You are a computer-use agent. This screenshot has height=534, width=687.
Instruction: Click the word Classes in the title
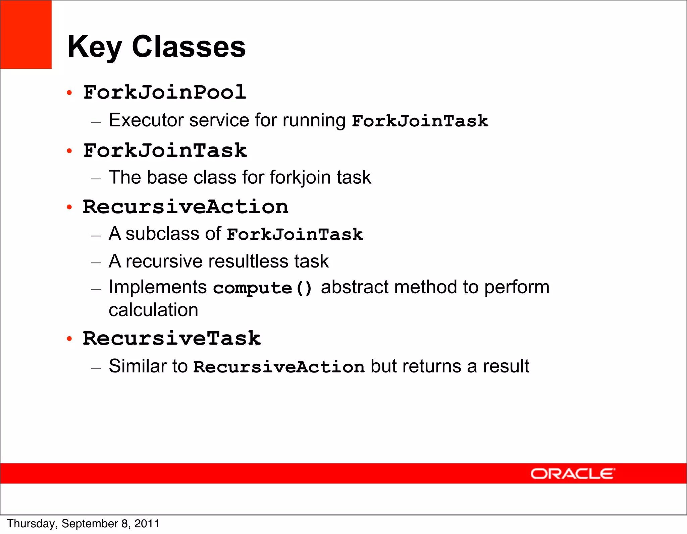(x=189, y=47)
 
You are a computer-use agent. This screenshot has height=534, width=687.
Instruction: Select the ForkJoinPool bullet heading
(x=165, y=93)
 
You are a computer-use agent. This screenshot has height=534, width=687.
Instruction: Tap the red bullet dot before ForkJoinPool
(x=69, y=93)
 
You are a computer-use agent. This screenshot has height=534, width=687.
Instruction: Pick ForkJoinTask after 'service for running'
(x=420, y=121)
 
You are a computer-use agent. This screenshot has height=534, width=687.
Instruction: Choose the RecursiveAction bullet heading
(x=186, y=207)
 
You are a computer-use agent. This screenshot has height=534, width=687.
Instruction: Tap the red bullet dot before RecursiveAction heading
(x=69, y=207)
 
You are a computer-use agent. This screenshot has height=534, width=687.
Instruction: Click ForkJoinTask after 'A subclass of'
(x=295, y=234)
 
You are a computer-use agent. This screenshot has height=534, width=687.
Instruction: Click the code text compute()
(x=263, y=288)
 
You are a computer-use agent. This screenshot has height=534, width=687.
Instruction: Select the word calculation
(x=153, y=310)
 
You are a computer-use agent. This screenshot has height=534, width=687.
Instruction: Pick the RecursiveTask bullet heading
(x=171, y=338)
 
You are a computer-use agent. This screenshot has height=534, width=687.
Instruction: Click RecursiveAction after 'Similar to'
(x=279, y=366)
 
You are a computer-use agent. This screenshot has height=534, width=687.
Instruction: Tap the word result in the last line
(x=506, y=366)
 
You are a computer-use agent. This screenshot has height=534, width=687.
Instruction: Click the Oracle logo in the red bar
(x=572, y=474)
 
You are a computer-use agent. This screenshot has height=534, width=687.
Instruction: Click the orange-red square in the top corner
(x=26, y=35)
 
